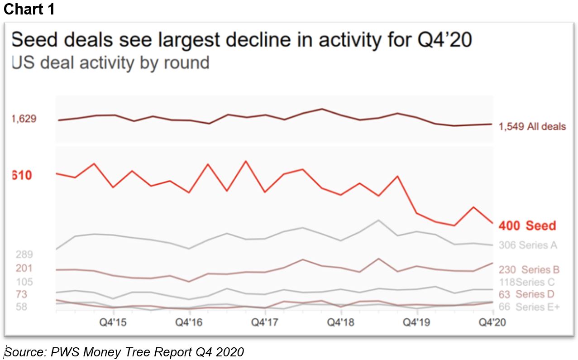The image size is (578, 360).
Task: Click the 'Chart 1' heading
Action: [29, 10]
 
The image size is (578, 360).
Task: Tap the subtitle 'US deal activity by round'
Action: [110, 62]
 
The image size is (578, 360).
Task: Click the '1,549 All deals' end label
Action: [532, 127]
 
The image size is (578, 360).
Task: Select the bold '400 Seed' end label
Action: [527, 226]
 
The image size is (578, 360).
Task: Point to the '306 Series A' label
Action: [528, 245]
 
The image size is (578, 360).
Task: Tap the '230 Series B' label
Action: [529, 270]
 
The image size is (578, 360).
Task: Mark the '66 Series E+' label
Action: [529, 307]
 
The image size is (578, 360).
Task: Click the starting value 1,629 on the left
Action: [24, 119]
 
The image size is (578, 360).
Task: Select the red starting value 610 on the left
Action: [22, 175]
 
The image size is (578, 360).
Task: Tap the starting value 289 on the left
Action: [24, 254]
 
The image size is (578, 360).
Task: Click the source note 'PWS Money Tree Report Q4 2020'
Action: [124, 352]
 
